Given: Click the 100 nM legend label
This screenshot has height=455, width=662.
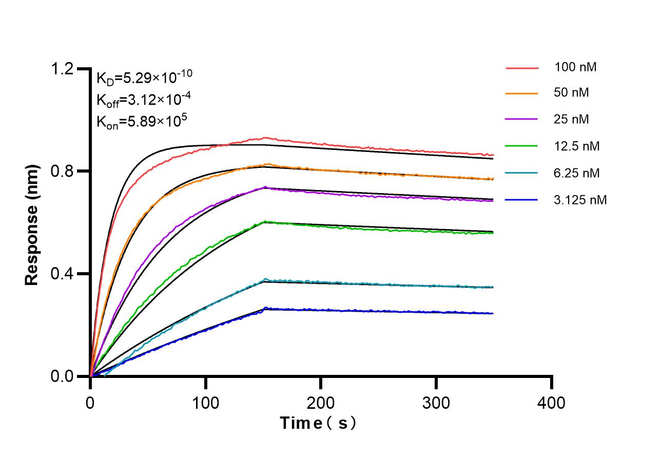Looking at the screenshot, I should [575, 67].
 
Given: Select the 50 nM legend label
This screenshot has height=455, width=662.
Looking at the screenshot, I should [572, 93].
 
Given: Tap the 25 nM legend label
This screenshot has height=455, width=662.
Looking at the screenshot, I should [572, 120].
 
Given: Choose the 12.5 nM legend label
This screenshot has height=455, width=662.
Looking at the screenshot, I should [577, 146].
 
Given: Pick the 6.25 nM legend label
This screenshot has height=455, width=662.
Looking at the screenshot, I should [577, 173].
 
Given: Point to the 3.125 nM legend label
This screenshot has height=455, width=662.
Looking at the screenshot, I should [580, 200].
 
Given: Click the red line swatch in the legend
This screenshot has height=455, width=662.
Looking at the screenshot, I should [522, 67].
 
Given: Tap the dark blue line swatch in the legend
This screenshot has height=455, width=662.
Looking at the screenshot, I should [522, 200].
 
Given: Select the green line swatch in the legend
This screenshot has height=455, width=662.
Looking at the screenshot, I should [522, 146].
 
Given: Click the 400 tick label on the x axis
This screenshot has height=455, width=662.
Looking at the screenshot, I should [551, 402].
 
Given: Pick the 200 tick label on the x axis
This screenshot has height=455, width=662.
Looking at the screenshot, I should [321, 402].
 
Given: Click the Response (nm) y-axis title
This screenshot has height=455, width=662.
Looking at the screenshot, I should [32, 225].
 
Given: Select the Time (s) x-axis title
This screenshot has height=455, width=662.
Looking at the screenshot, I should [318, 423].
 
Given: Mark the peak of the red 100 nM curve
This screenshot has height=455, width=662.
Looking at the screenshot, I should [265, 138].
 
